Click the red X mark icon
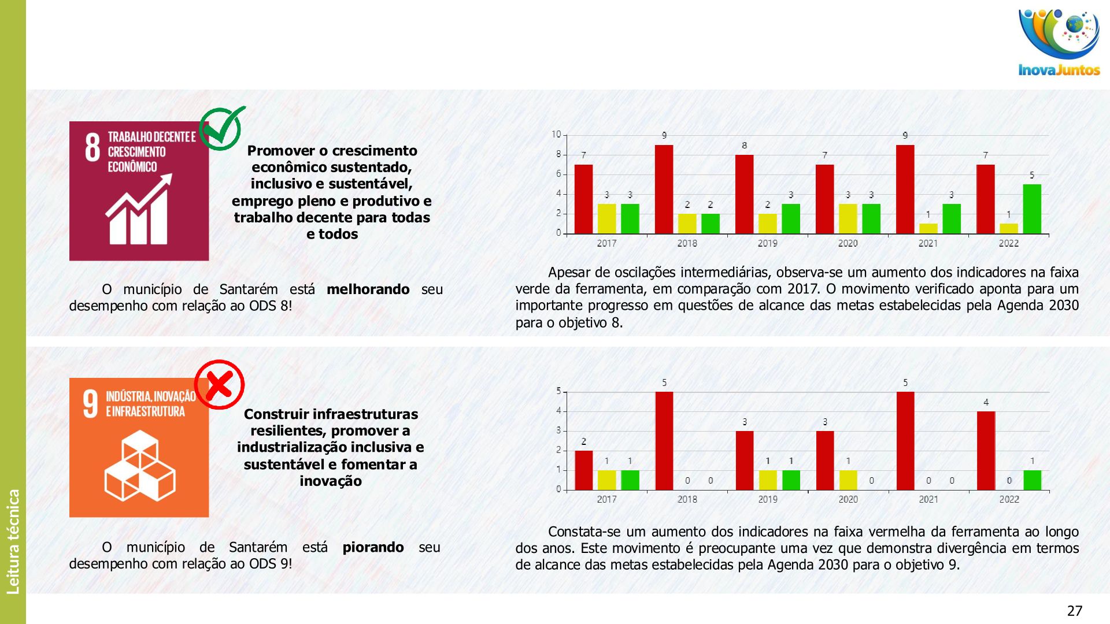219,385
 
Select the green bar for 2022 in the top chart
1032,209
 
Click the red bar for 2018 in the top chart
664,190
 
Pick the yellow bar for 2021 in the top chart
928,228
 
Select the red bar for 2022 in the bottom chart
986,451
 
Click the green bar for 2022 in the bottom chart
1032,480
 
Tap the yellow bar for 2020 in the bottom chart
848,480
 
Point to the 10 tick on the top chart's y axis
556,135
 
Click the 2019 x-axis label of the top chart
768,243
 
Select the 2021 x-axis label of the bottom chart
928,499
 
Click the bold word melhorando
368,289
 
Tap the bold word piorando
373,547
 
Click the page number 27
1075,611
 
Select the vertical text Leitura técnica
13,541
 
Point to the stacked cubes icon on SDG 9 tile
140,466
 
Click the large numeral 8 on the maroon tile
92,147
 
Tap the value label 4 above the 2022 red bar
986,402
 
